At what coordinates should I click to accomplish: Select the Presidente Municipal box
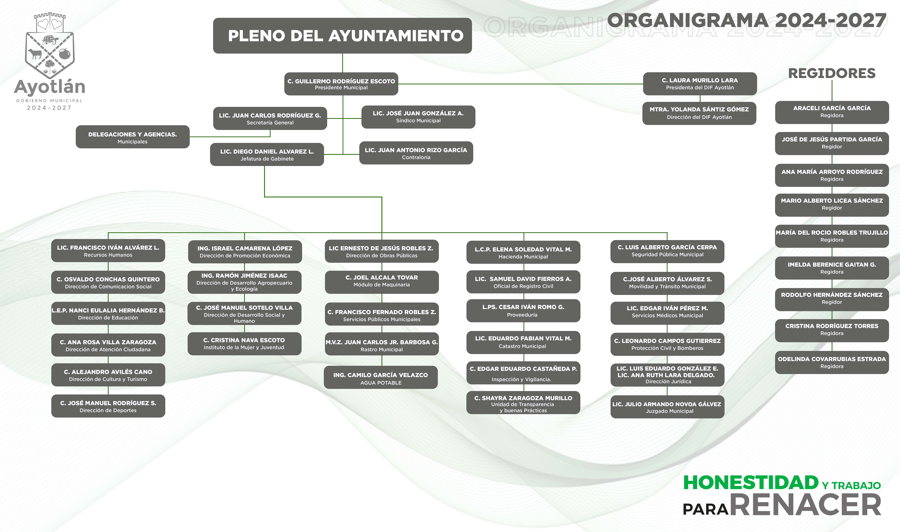[x=341, y=84]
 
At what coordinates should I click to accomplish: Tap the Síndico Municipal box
[x=418, y=117]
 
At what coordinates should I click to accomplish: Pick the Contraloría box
[x=416, y=153]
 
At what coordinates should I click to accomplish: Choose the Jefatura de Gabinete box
[x=267, y=155]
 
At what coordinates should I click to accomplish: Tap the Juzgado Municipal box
[x=667, y=407]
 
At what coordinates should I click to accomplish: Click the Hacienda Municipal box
[x=523, y=252]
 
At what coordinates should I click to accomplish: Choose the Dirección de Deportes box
[x=108, y=406]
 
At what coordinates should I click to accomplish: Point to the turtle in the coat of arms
[x=50, y=39]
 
